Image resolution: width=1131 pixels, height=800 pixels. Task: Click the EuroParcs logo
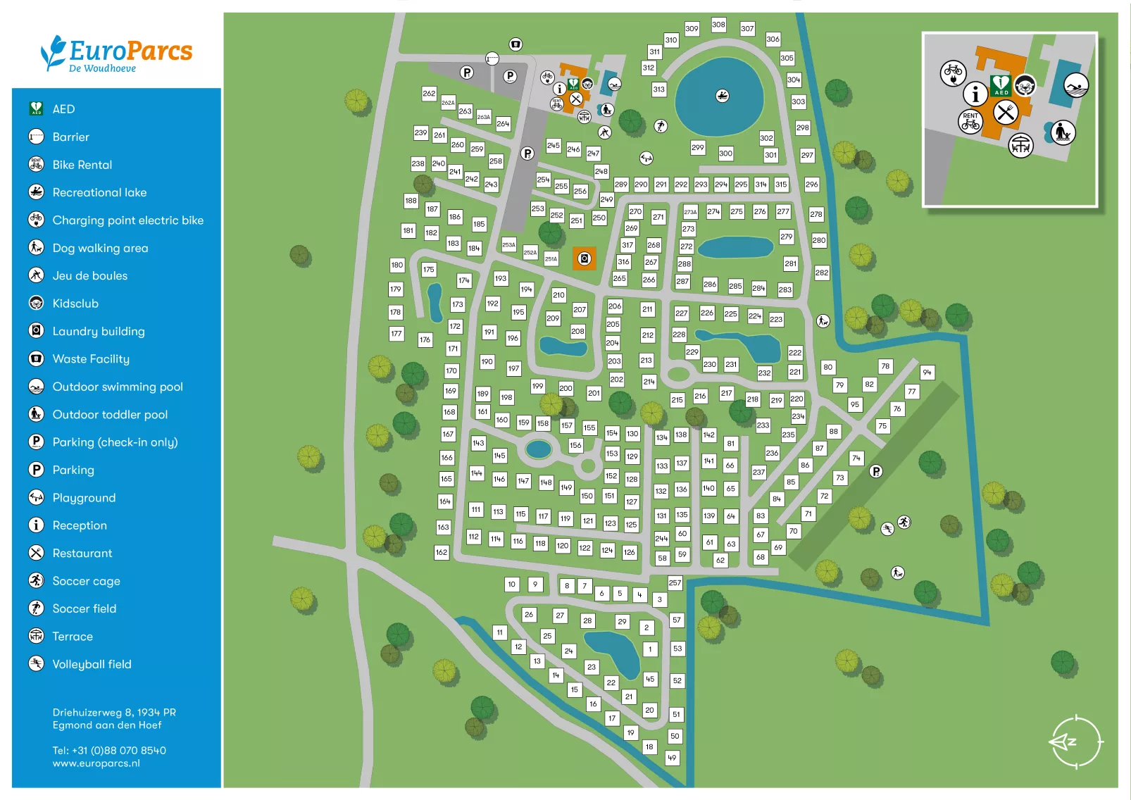point(116,54)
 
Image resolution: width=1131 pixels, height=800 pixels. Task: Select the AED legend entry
point(63,109)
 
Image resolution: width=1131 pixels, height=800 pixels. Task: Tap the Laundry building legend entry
point(98,331)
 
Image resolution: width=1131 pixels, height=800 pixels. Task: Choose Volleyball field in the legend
point(92,664)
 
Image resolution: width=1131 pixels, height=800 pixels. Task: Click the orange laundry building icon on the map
point(584,259)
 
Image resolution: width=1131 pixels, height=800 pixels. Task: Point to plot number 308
point(718,25)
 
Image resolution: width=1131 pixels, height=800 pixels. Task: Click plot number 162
point(442,552)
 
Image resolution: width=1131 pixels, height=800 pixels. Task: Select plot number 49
point(673,758)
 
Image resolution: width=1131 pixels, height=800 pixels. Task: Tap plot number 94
point(927,372)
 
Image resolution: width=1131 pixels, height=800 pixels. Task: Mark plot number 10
point(512,584)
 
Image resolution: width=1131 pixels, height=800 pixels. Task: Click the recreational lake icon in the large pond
point(723,96)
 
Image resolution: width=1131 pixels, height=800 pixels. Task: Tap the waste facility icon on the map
point(516,44)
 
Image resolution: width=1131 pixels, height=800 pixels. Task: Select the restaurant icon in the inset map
point(1006,111)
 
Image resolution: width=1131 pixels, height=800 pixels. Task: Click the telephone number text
point(109,751)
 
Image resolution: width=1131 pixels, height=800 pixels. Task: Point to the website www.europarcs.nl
point(96,763)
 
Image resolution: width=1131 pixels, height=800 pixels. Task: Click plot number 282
point(822,273)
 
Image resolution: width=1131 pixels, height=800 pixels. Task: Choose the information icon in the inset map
point(975,94)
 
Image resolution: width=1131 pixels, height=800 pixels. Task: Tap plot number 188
point(411,201)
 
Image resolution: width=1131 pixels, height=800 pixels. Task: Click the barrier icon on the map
point(492,58)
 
